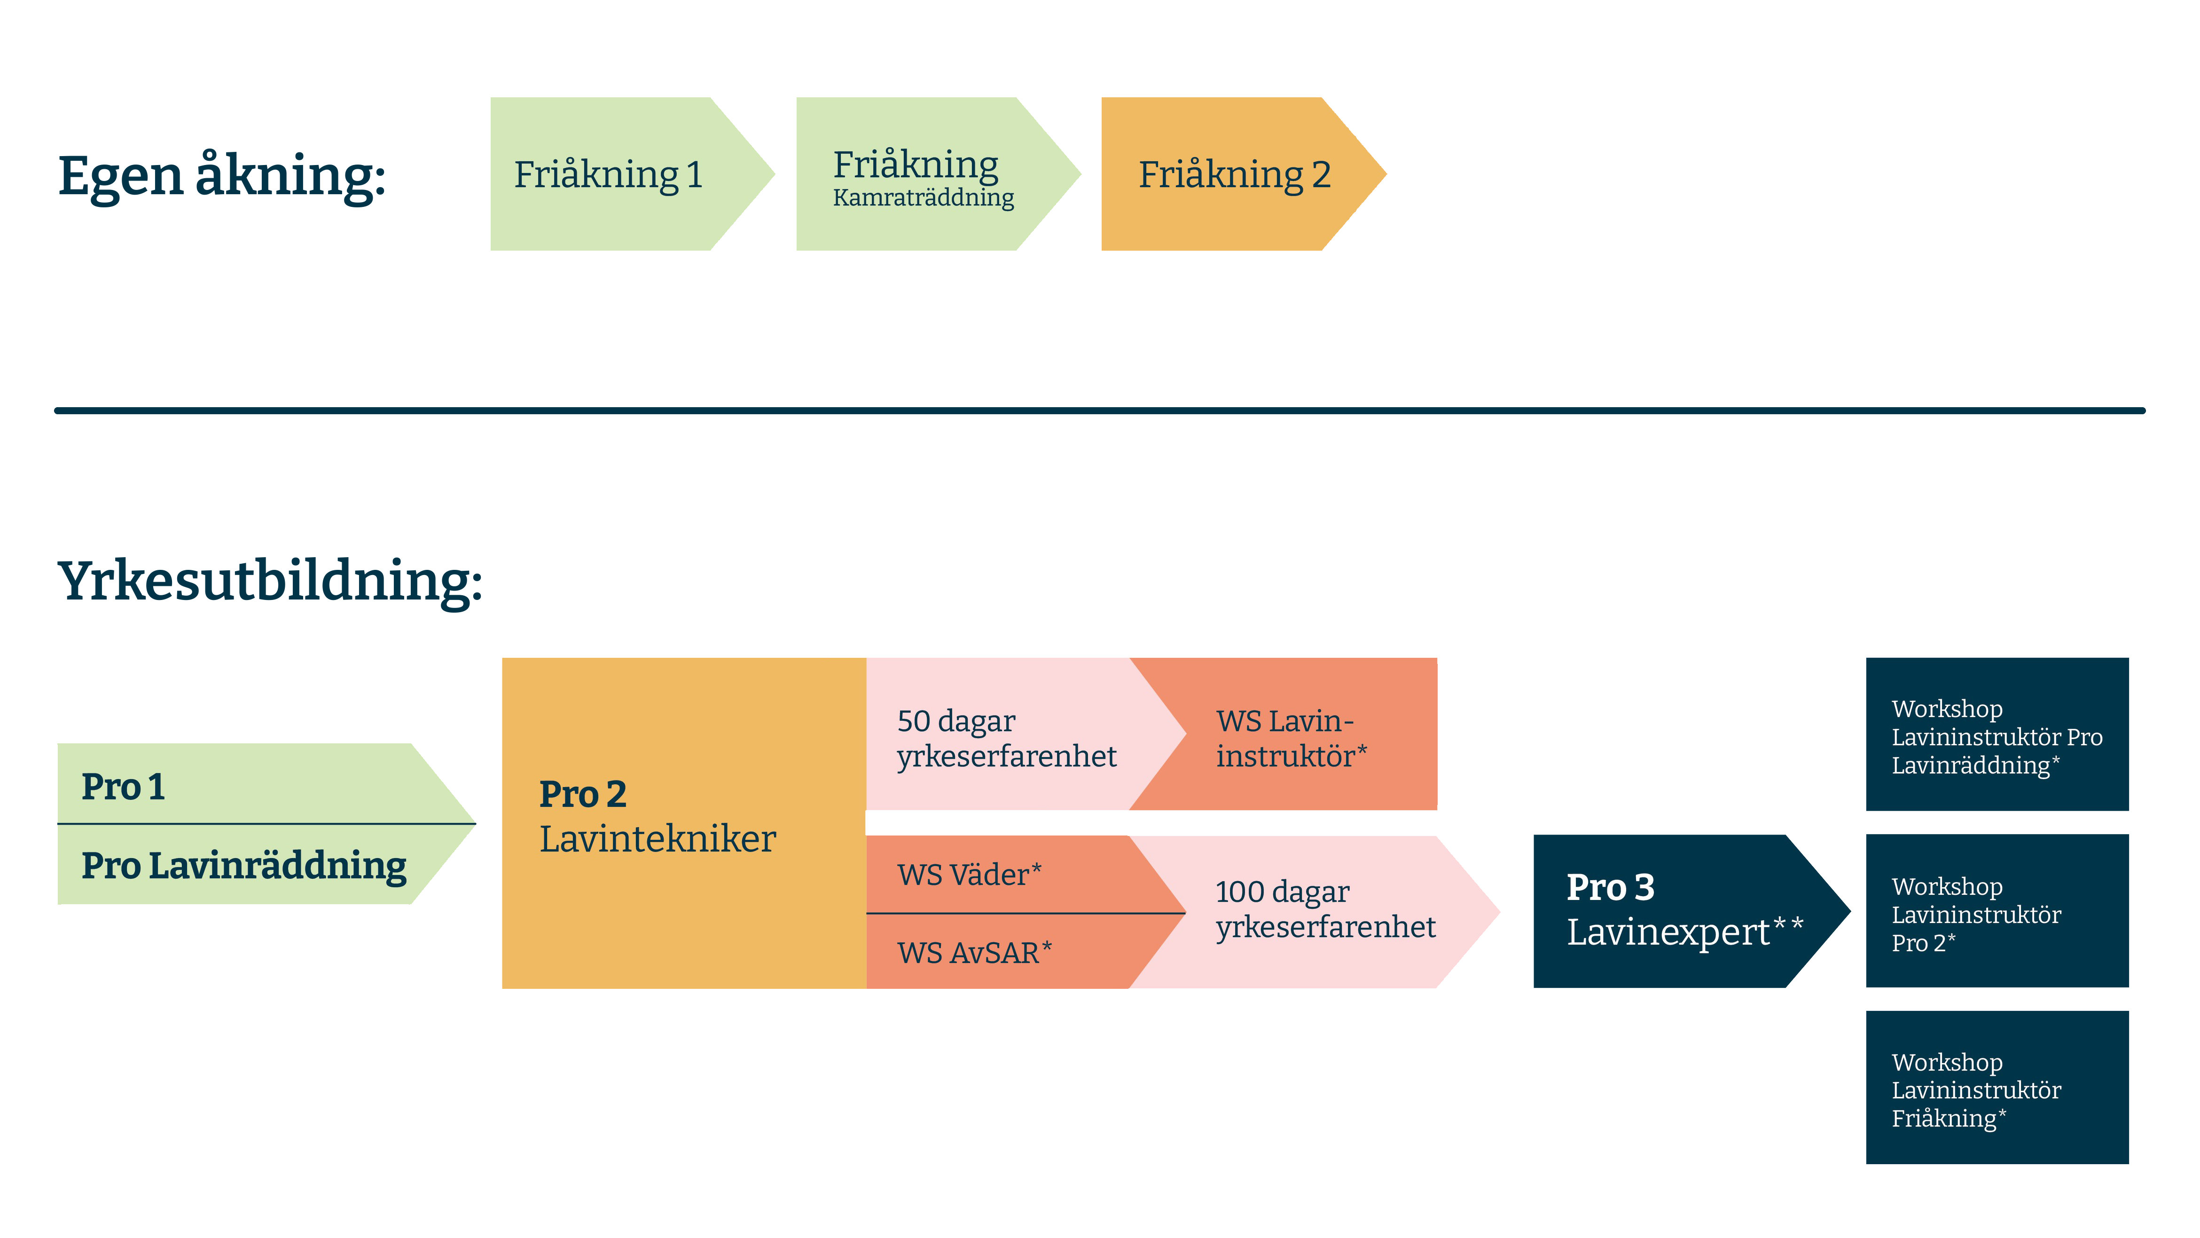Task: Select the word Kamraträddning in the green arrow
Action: coord(923,198)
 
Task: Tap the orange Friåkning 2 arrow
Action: coord(1234,174)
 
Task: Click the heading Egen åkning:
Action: coord(221,176)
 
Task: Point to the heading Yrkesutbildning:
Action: coord(270,581)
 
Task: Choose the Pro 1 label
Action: coord(123,786)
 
